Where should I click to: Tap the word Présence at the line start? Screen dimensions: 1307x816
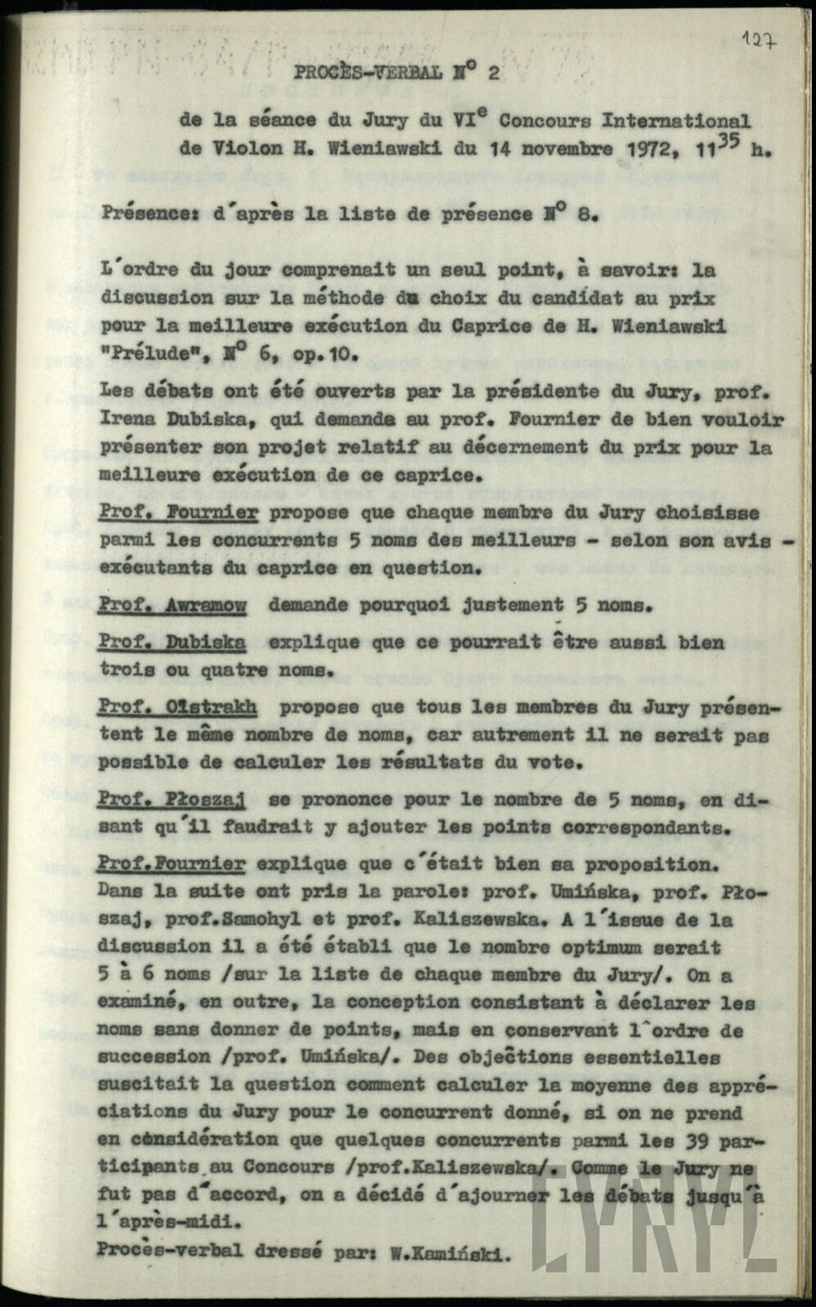[141, 215]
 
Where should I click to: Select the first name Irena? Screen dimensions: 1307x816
[129, 420]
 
